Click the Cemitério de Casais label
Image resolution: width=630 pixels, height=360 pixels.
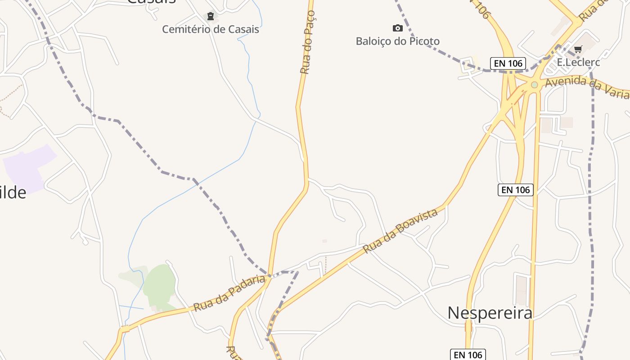pyautogui.click(x=211, y=29)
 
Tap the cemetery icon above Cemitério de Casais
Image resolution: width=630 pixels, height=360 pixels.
pyautogui.click(x=210, y=17)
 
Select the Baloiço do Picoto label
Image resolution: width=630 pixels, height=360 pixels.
pyautogui.click(x=397, y=41)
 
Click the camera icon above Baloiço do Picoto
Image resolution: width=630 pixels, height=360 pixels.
pyautogui.click(x=397, y=28)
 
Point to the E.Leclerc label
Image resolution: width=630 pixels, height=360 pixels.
pyautogui.click(x=578, y=62)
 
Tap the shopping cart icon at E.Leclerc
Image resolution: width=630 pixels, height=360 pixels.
pyautogui.click(x=578, y=49)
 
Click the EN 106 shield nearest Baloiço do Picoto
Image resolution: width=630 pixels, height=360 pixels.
pyautogui.click(x=508, y=63)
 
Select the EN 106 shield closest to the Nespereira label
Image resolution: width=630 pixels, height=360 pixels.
pyautogui.click(x=468, y=355)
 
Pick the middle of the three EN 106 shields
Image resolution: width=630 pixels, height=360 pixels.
pyautogui.click(x=515, y=190)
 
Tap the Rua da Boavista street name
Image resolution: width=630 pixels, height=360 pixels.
pyautogui.click(x=400, y=230)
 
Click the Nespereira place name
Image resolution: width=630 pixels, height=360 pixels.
pyautogui.click(x=490, y=313)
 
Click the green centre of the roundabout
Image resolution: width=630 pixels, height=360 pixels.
pyautogui.click(x=534, y=85)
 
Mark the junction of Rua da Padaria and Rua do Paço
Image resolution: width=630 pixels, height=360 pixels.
pyautogui.click(x=269, y=276)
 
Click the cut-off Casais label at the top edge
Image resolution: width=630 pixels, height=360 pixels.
pyautogui.click(x=151, y=2)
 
